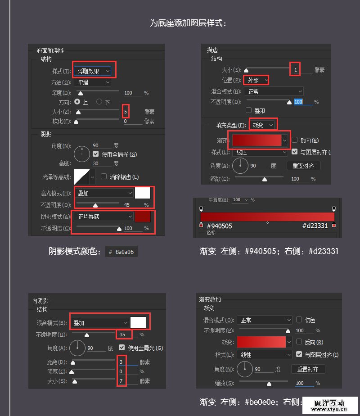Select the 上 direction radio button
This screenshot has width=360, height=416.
pos(77,102)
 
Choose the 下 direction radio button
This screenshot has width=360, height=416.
pos(99,102)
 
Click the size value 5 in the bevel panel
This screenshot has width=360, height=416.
pos(126,112)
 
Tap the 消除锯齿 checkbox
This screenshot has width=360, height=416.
pos(104,177)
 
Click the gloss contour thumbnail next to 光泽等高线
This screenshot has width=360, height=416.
pos(82,177)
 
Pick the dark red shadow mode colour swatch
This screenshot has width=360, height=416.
pos(143,217)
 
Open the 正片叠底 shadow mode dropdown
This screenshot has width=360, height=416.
pos(104,217)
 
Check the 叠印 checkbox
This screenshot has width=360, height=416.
pos(249,110)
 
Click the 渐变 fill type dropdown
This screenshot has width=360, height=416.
pos(263,125)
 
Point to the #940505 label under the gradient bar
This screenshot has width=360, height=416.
pos(219,226)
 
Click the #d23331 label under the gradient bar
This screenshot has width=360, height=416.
pos(315,226)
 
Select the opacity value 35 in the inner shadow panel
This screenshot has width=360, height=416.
pos(122,335)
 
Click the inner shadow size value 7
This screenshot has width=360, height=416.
pos(121,381)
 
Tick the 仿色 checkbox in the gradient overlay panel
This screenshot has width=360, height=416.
pos(299,320)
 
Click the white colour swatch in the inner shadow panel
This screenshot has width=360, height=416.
pos(138,322)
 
